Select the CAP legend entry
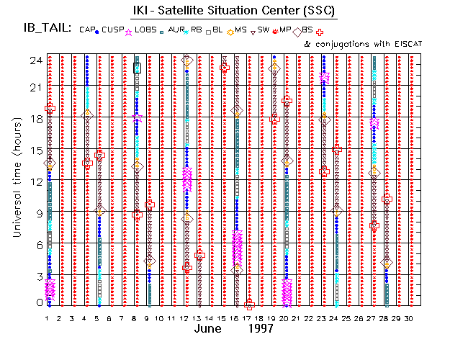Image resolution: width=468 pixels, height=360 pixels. [x=86, y=30]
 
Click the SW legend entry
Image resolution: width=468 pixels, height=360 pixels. [x=264, y=30]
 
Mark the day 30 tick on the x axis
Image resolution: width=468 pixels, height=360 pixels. [x=410, y=318]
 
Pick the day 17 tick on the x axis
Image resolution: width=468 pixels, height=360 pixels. [x=248, y=318]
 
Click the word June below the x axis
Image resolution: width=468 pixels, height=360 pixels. [x=210, y=329]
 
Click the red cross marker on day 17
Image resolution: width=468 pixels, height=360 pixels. [x=249, y=305]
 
